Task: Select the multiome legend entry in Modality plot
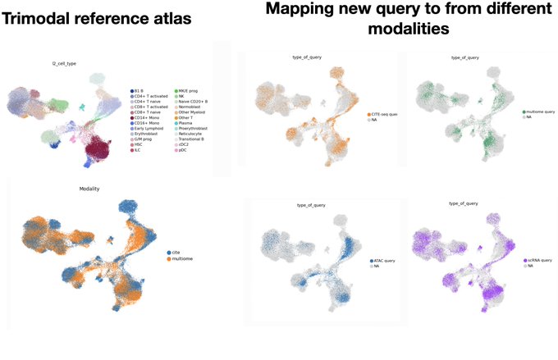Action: (x=183, y=259)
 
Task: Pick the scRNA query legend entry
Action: (x=538, y=260)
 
